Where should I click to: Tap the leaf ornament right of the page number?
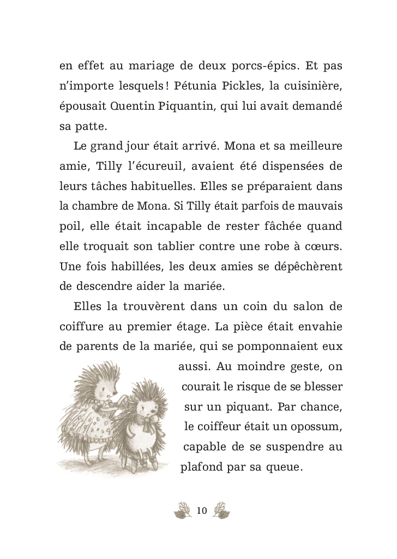[x=221, y=511]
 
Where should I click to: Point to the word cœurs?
[x=322, y=246]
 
